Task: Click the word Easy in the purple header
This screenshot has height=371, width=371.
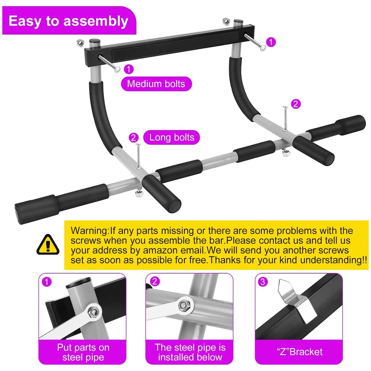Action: (24, 21)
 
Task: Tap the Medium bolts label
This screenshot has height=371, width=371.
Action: (156, 83)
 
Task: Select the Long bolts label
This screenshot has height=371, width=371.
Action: (172, 137)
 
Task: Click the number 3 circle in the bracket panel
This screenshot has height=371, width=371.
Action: (263, 282)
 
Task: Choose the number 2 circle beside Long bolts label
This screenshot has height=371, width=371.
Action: (134, 138)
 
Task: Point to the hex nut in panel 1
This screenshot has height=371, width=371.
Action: (94, 311)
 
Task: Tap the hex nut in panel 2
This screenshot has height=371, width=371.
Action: (183, 305)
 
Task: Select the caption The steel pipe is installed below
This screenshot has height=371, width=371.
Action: (190, 352)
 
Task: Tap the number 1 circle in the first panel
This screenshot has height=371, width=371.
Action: (46, 282)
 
